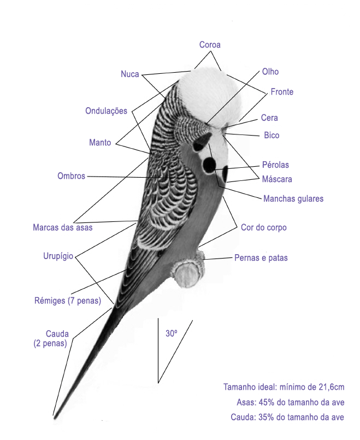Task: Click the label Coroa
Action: pos(210,45)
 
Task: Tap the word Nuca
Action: pos(130,74)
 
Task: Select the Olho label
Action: pos(270,72)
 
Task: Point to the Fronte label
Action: pos(282,92)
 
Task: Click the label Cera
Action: pos(269,118)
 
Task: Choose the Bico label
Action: pos(272,135)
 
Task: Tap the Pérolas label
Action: pos(275,165)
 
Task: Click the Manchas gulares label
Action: pos(293,198)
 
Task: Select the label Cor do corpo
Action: pos(263,227)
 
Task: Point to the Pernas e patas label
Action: pos(261,257)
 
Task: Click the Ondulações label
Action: pos(106,111)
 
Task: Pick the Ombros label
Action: pos(71,176)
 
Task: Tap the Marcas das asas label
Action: pos(62,227)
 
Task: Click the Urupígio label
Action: pos(58,256)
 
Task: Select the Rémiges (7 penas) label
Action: pos(68,301)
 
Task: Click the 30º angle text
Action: pos(172,333)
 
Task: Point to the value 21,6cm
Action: pos(332,387)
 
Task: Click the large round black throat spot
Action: pos(209,165)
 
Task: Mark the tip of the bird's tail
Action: pos(55,418)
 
